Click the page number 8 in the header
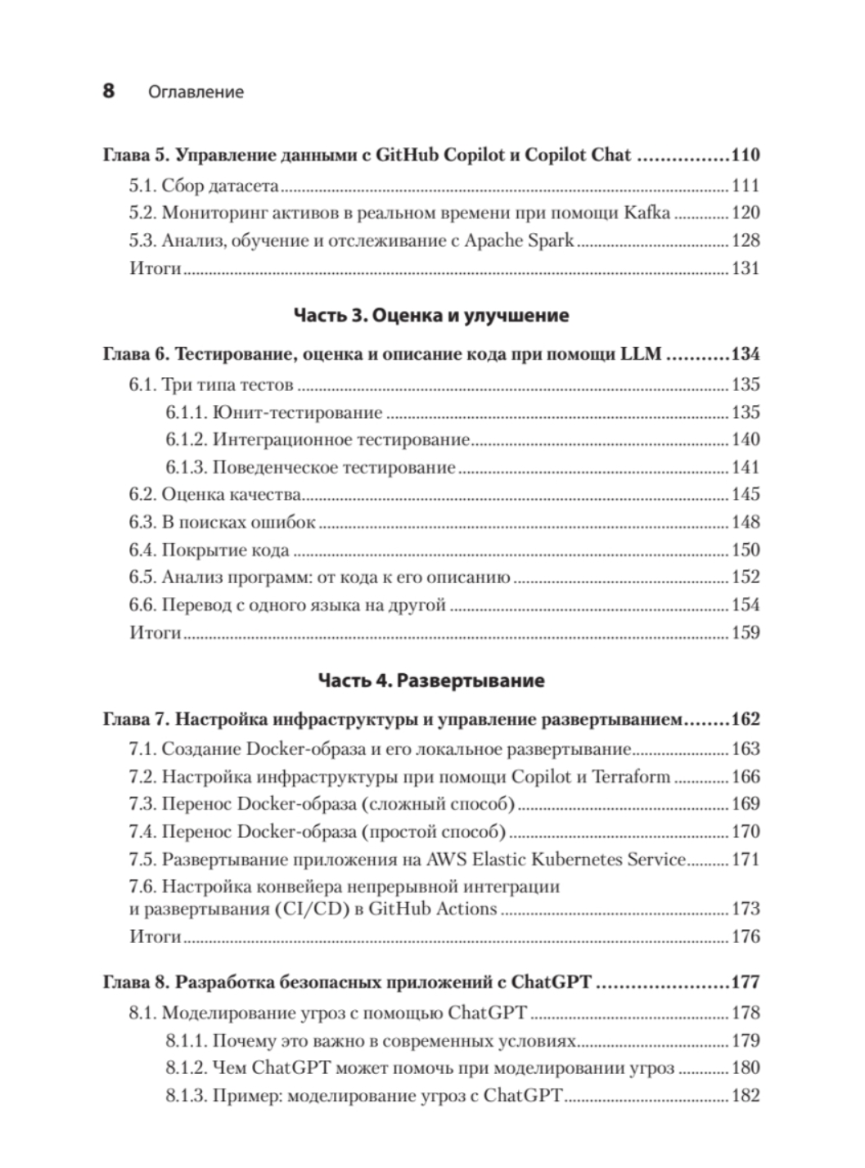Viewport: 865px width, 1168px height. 109,91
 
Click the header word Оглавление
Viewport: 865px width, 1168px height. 196,92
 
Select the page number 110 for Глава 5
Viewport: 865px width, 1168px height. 746,155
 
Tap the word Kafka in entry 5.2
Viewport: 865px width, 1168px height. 647,213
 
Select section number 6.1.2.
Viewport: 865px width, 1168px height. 187,439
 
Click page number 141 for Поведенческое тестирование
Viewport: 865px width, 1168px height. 746,467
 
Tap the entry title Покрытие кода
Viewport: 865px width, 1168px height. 225,550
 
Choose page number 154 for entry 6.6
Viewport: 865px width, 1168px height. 746,604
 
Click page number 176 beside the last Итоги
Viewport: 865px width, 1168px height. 746,937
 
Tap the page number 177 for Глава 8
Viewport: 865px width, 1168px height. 746,982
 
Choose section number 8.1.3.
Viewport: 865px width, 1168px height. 187,1095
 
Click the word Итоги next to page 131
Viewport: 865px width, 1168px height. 155,268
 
